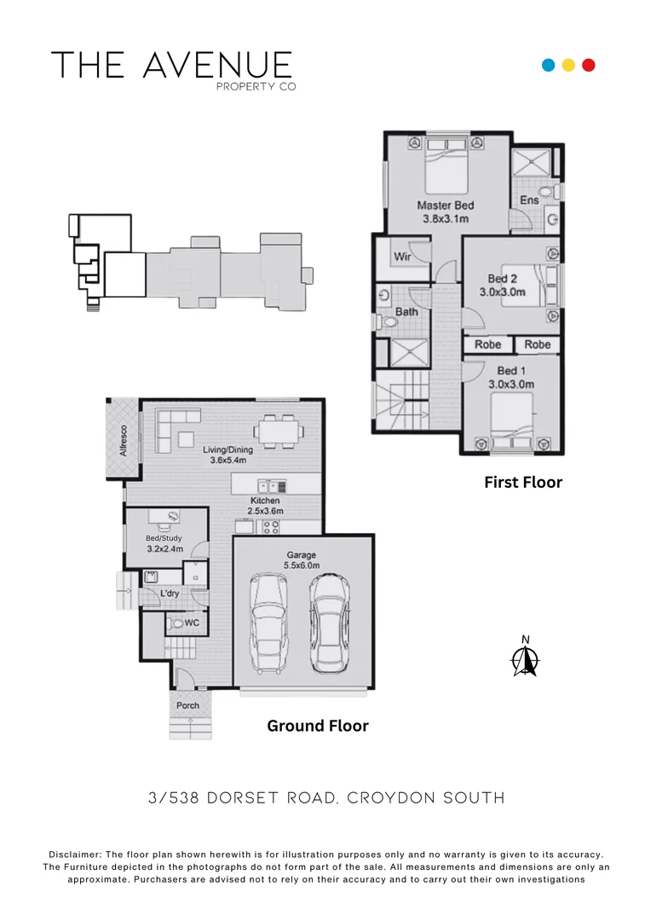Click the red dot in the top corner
coord(588,65)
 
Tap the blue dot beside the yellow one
coord(549,65)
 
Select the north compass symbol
coord(527,658)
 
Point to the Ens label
coord(528,200)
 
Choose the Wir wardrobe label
coord(403,256)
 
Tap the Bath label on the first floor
coord(406,312)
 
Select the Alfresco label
coord(124,439)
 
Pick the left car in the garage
coord(269,624)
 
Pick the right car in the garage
coord(328,624)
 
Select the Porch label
coord(187,705)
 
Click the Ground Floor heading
coord(317,726)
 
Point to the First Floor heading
coord(523,483)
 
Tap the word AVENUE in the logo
coord(218,66)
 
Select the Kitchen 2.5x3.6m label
coord(265,505)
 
